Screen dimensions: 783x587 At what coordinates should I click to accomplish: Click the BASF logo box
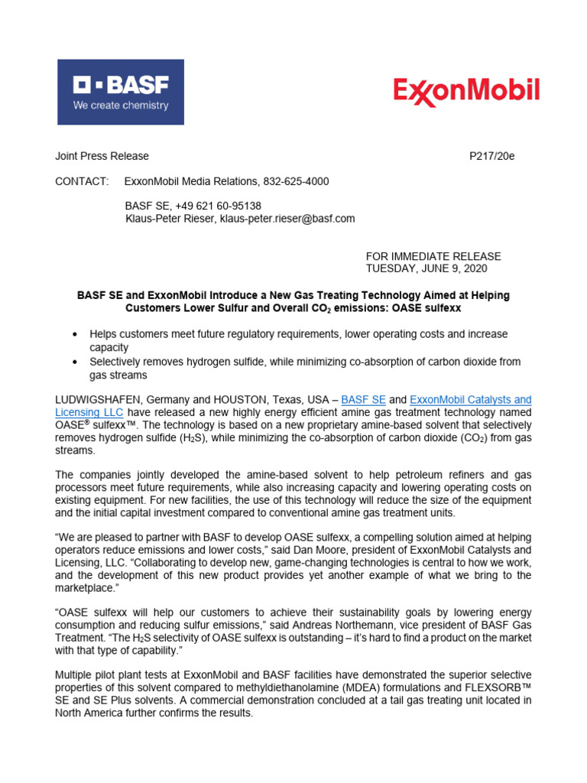[x=121, y=92]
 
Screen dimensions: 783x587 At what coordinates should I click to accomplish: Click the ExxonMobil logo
[x=466, y=92]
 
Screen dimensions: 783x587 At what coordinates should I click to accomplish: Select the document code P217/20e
[x=491, y=156]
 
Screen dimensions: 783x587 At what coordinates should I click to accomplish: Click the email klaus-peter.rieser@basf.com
[x=287, y=218]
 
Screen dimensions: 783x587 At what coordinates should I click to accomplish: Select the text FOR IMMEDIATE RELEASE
[x=433, y=256]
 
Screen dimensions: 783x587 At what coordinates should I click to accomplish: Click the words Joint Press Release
[x=102, y=156]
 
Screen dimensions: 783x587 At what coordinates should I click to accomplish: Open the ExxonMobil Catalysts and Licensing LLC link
[x=470, y=400]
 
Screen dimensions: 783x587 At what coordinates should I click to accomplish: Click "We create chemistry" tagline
[x=121, y=106]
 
